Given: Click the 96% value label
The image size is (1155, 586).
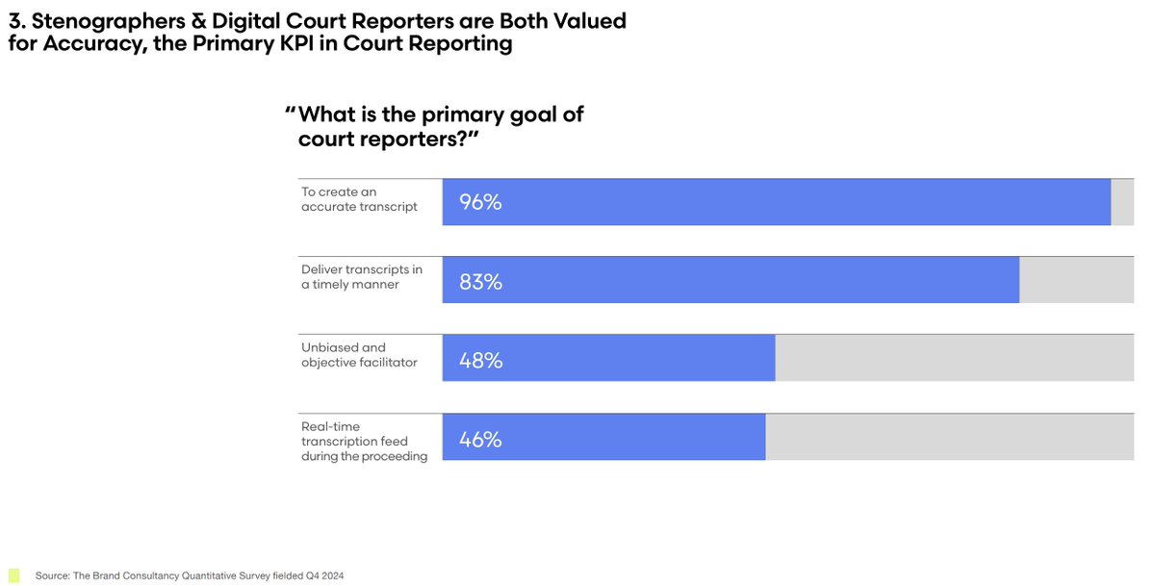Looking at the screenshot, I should (480, 203).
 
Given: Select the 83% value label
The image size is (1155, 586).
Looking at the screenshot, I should (480, 282).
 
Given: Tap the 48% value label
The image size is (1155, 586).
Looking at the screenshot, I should (480, 361).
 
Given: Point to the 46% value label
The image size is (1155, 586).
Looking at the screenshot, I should (480, 440).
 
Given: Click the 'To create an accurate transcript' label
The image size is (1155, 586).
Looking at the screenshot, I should (359, 199).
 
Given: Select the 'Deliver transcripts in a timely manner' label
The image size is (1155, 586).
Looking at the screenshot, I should (362, 277).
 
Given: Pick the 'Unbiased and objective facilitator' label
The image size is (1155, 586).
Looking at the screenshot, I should (359, 355).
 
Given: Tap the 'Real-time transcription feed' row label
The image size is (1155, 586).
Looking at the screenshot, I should (364, 442).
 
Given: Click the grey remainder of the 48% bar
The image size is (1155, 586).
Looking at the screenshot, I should (954, 358).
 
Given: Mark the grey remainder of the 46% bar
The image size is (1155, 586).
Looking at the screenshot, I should (949, 437).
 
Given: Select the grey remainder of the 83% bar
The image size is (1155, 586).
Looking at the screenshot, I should (1076, 280).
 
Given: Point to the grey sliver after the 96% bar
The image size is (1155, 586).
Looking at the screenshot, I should (1122, 202).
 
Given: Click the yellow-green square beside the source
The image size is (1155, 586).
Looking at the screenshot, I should (13, 575).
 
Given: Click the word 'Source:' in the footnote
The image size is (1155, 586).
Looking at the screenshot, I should (53, 576).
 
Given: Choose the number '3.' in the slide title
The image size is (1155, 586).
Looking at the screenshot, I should (16, 20).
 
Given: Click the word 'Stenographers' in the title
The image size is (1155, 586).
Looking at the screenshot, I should (106, 20).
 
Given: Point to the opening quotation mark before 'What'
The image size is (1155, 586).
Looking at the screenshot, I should (290, 115).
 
